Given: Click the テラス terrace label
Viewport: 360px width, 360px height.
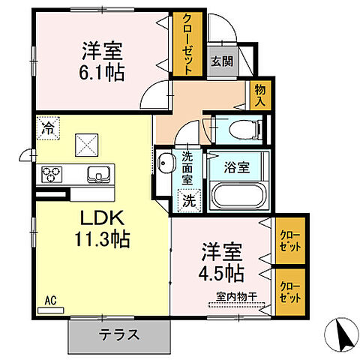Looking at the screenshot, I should coord(118,334).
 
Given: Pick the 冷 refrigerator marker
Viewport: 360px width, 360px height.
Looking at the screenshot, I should coord(48,127).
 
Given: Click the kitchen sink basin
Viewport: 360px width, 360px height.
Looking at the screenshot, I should coord(97,175).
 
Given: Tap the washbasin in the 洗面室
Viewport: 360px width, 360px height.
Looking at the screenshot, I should coord(166,161).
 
